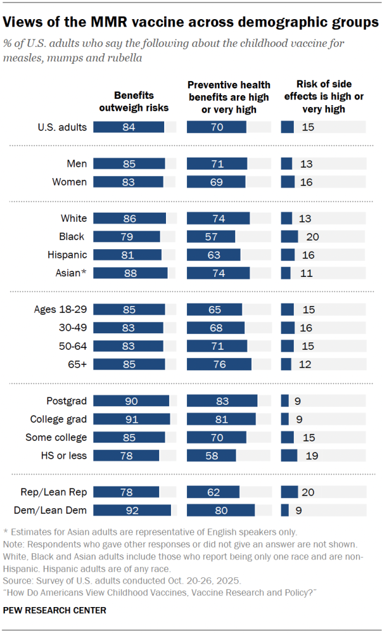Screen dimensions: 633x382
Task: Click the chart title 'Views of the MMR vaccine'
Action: [x=191, y=23]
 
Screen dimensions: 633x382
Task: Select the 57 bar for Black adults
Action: [x=210, y=236]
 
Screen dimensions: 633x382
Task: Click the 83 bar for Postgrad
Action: [x=222, y=401]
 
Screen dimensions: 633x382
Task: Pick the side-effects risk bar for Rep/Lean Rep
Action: [x=289, y=492]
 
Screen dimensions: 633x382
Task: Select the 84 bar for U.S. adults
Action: [x=129, y=127]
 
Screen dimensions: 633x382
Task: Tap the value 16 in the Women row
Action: [x=307, y=182]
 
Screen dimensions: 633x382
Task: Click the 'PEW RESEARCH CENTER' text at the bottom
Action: [x=54, y=611]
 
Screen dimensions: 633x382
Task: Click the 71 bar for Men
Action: [x=217, y=164]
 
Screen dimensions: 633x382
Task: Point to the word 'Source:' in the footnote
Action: [x=19, y=581]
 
